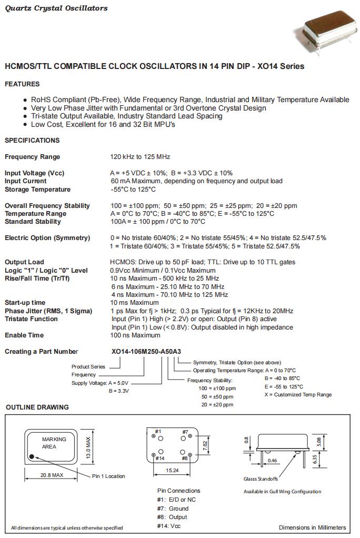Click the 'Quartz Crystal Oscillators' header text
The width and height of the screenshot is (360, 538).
tap(56, 8)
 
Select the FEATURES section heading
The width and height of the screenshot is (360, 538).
tap(22, 84)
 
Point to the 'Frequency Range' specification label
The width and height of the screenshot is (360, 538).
tap(33, 157)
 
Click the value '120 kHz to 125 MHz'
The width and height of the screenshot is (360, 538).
tap(140, 157)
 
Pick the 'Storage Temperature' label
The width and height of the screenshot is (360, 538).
tap(37, 190)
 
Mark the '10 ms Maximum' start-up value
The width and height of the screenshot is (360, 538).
tap(134, 303)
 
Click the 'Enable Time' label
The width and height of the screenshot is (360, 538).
tap(24, 335)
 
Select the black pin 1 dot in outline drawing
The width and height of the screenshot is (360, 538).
tap(33, 456)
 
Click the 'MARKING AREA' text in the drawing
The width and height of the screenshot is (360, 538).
tap(54, 443)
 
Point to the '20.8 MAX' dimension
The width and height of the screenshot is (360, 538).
tap(51, 475)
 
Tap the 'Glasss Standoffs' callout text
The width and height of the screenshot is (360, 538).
tap(261, 479)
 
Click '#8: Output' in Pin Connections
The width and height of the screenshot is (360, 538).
tap(172, 517)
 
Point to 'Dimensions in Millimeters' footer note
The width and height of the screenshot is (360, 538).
tap(312, 527)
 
